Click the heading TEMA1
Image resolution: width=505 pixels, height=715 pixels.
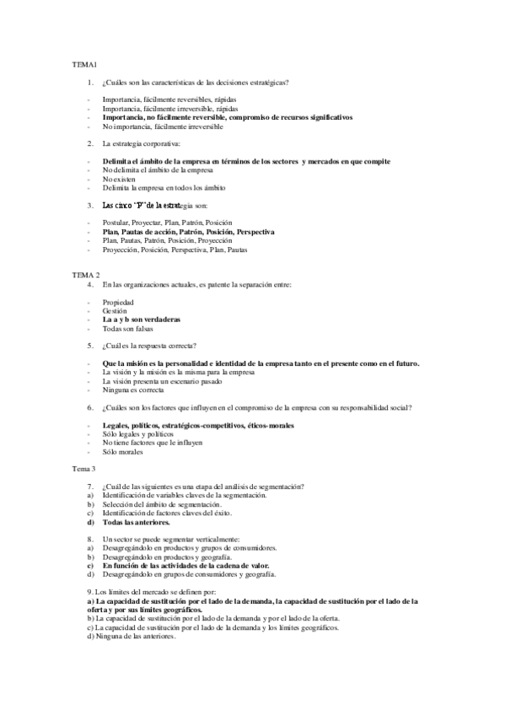[x=83, y=65]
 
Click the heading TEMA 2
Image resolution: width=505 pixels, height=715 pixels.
[x=85, y=275]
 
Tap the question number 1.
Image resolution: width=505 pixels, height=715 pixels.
[x=90, y=83]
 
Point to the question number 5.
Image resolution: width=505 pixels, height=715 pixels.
[x=90, y=345]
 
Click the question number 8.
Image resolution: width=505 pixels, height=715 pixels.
[x=90, y=538]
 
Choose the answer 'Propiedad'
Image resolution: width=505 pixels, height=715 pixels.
[x=119, y=301]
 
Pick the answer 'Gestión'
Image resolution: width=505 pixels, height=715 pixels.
[x=115, y=310]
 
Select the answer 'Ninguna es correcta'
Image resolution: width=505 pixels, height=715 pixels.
[x=133, y=390]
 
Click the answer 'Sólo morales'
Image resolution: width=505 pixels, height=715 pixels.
[x=123, y=451]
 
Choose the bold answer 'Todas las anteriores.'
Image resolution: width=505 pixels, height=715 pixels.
[x=136, y=522]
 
